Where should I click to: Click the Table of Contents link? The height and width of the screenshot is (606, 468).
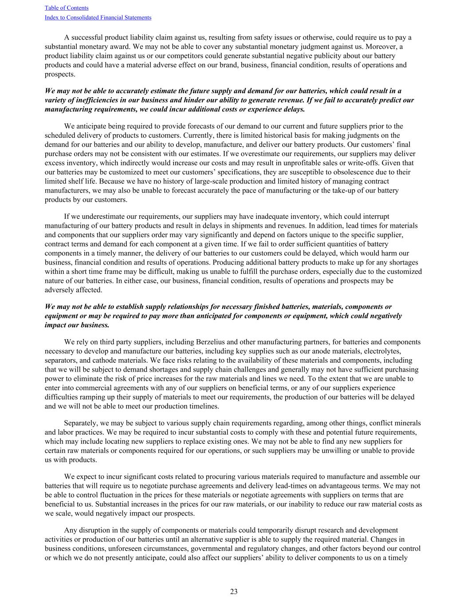[67, 8]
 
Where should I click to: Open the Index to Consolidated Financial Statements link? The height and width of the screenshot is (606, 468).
[98, 18]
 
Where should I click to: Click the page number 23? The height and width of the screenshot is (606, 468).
[234, 591]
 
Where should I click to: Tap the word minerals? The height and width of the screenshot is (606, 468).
[408, 423]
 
